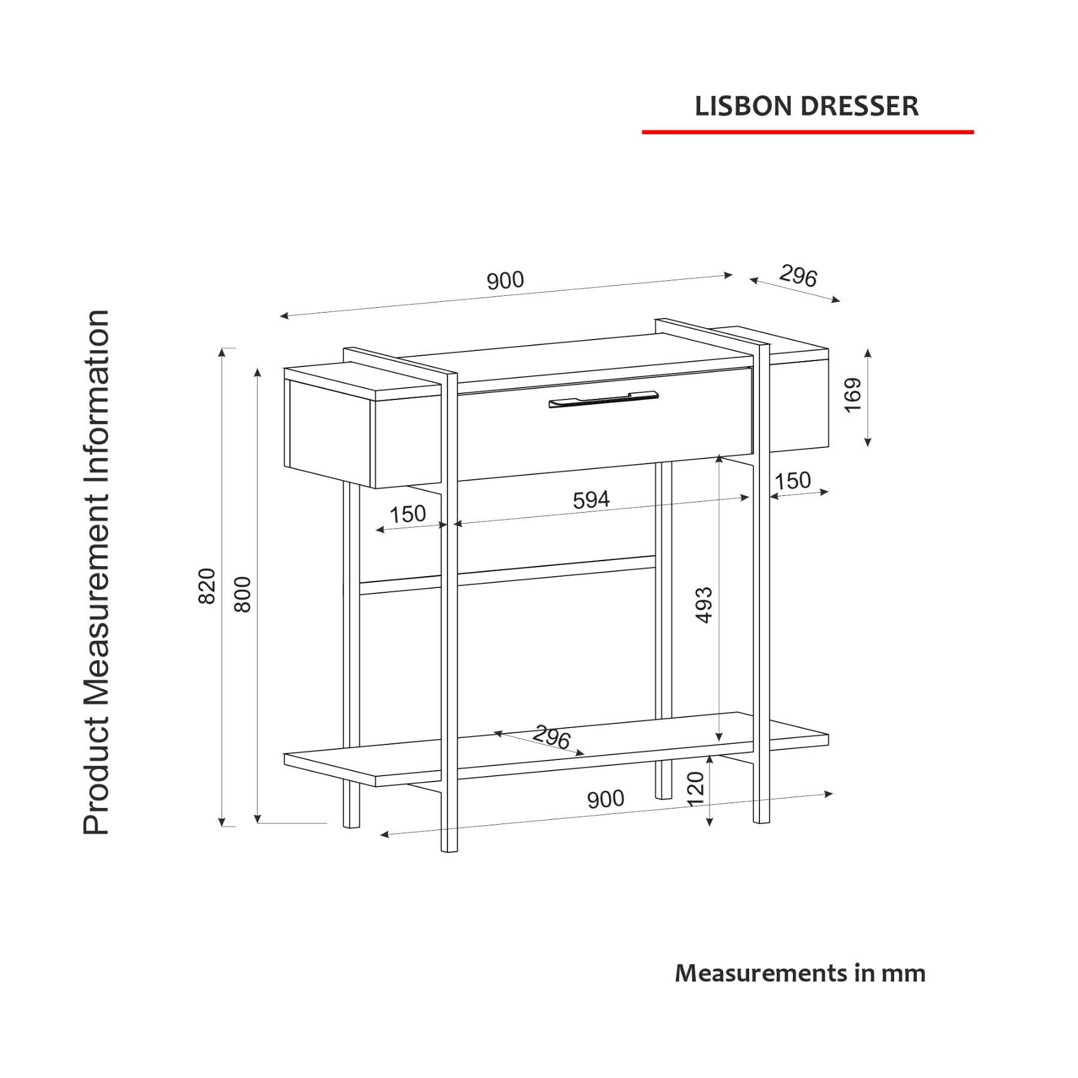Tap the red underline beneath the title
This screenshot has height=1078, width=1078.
point(808,132)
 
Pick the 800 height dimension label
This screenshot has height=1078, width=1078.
point(243,594)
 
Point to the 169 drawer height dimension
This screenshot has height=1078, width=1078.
point(852,395)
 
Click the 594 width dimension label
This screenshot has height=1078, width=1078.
point(591,500)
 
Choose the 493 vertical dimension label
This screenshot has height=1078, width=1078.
point(705,605)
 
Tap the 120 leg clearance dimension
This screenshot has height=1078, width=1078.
point(695,789)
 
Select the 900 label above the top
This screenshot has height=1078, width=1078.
point(505,280)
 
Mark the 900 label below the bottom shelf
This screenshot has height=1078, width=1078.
point(605,799)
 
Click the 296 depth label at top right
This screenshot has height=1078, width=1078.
point(798,276)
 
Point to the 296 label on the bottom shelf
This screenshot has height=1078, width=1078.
point(552,737)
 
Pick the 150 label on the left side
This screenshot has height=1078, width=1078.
point(407,514)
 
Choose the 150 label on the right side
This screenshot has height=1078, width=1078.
point(792,481)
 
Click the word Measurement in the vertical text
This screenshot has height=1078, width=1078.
point(96,605)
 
